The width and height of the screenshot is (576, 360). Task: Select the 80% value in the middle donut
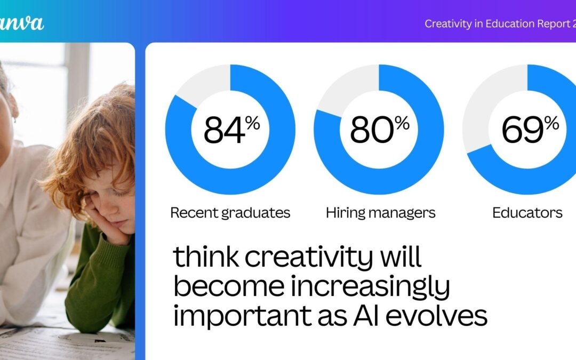pos(379,130)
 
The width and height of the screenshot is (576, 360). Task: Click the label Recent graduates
pos(230,213)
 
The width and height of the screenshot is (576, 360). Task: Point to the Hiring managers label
pos(380,213)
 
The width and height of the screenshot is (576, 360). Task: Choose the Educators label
pos(527,213)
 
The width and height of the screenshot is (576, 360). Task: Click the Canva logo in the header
pos(21,23)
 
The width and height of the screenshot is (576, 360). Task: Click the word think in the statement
pos(205,258)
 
